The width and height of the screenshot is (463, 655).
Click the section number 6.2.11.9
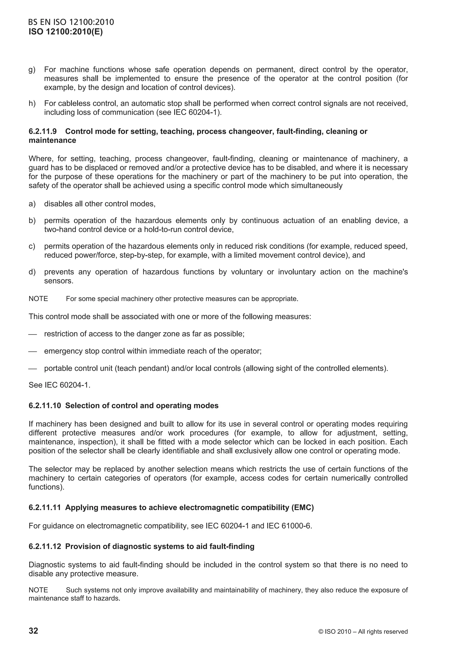click(x=43, y=132)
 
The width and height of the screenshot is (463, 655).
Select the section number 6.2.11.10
click(x=45, y=406)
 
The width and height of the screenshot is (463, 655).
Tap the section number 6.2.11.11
click(x=45, y=508)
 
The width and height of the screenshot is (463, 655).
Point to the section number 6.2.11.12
click(x=45, y=547)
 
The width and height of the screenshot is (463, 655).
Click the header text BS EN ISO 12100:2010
click(x=71, y=22)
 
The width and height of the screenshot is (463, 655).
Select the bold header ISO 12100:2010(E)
click(x=66, y=32)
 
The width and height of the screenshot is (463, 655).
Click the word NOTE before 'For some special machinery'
click(x=38, y=299)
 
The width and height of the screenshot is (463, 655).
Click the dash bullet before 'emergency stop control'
click(x=33, y=351)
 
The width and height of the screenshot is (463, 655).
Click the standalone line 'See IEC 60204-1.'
click(x=59, y=385)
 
